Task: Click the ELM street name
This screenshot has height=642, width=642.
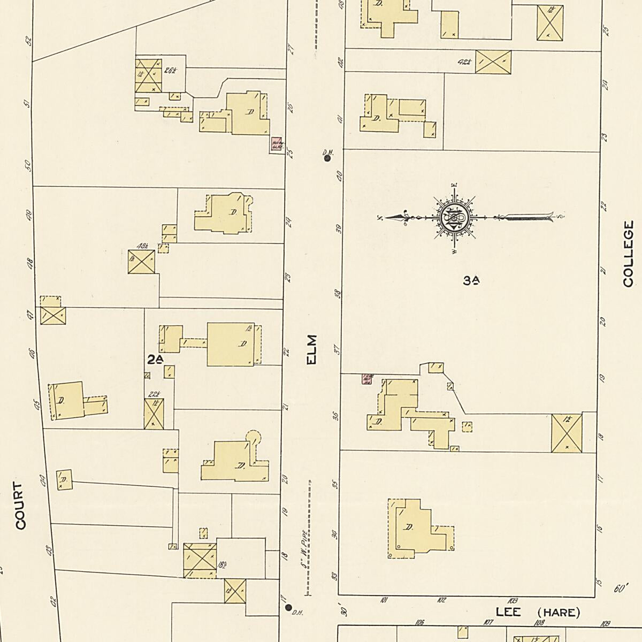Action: pyautogui.click(x=312, y=350)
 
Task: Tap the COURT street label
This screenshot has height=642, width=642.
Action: pyautogui.click(x=20, y=506)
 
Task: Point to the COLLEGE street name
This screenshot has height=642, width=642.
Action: pyautogui.click(x=628, y=254)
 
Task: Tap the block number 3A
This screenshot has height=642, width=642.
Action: pyautogui.click(x=471, y=280)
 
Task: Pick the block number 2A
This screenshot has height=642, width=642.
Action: pyautogui.click(x=155, y=360)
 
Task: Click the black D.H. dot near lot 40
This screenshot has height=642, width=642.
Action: pyautogui.click(x=327, y=158)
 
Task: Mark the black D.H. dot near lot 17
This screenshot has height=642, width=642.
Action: pyautogui.click(x=289, y=607)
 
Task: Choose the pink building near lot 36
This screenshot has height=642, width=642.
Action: pyautogui.click(x=367, y=379)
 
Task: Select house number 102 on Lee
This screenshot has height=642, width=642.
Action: pyautogui.click(x=441, y=600)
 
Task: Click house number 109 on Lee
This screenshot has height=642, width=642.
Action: pyautogui.click(x=606, y=623)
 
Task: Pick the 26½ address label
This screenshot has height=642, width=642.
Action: pyautogui.click(x=171, y=70)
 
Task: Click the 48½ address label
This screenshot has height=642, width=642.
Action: pyautogui.click(x=142, y=246)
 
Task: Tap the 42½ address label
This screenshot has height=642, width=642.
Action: pyautogui.click(x=465, y=62)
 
